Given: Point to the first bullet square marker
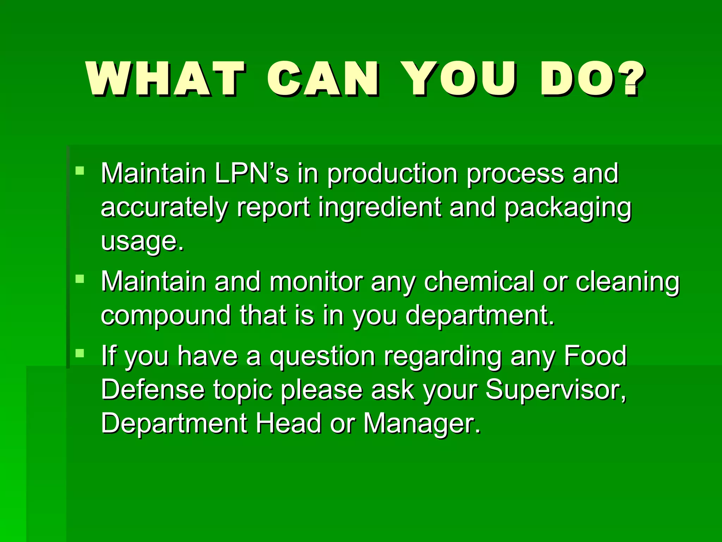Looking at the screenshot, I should pyautogui.click(x=80, y=171).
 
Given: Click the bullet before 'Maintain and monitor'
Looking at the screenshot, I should pyautogui.click(x=80, y=279).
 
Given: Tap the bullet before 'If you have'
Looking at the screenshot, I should pyautogui.click(x=80, y=353).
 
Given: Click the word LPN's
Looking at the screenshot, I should pyautogui.click(x=251, y=174).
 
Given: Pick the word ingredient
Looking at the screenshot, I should pyautogui.click(x=380, y=208).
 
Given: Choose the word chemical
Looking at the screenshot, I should pyautogui.click(x=479, y=282).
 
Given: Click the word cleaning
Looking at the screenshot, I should pyautogui.click(x=628, y=283).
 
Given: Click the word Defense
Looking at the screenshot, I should pyautogui.click(x=153, y=390).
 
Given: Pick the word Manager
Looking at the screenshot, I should pyautogui.click(x=422, y=424).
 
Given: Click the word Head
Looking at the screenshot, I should pyautogui.click(x=288, y=423).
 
